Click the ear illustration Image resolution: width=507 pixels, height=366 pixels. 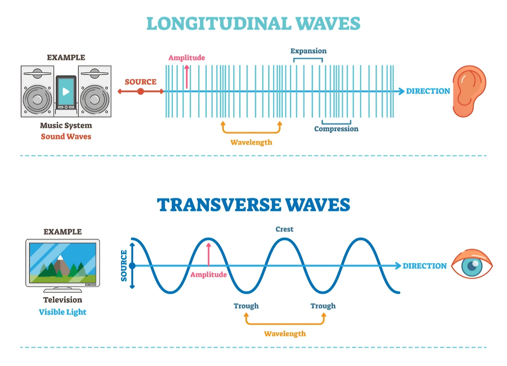[469, 91]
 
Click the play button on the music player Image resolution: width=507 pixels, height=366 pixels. [66, 91]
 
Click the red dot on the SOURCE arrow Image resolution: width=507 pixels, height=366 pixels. [140, 91]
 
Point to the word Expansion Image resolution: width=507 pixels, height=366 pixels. [308, 51]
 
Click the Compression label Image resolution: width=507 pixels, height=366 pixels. [336, 129]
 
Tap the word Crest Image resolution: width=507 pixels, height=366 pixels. [284, 229]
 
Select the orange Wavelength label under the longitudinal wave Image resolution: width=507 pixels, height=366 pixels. [252, 142]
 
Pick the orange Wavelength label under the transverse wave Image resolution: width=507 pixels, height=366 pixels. [285, 333]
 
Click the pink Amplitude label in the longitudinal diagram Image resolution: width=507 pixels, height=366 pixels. [187, 58]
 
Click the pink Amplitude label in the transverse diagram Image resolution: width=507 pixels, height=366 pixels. [209, 274]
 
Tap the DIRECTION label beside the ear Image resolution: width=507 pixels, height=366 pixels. [428, 91]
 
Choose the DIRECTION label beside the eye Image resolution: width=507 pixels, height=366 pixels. [425, 266]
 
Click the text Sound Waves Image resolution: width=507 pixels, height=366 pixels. [66, 136]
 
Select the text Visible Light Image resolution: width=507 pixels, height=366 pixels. [63, 312]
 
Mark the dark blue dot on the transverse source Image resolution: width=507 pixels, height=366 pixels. [132, 266]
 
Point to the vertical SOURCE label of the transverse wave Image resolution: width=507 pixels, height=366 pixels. [124, 266]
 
